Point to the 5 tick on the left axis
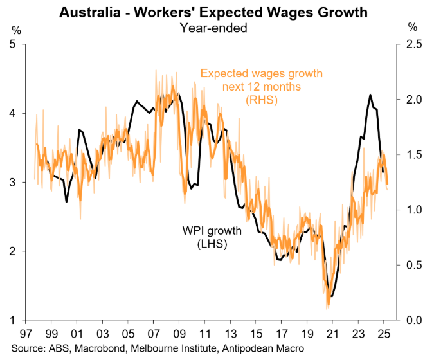(14, 44)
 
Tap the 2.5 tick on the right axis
(414, 44)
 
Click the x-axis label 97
(26, 334)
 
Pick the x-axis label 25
(383, 334)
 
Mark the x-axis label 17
(281, 334)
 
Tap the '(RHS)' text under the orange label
(261, 99)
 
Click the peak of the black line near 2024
(370, 95)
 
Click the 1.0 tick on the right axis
(414, 210)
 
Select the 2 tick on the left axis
(14, 251)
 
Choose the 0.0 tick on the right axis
(414, 320)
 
